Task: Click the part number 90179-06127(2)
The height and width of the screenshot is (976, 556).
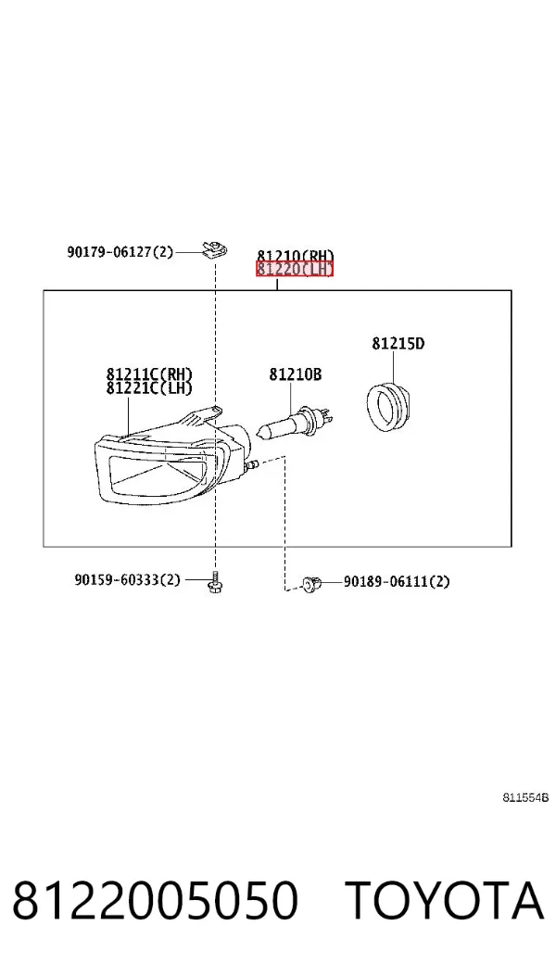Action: tap(120, 252)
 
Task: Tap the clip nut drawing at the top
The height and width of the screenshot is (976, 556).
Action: tap(215, 249)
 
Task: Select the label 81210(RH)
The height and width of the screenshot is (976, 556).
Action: tap(295, 256)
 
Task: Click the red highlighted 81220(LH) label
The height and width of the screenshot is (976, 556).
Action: tap(295, 269)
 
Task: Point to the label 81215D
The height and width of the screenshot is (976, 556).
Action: tap(398, 343)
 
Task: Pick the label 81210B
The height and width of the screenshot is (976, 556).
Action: tap(295, 374)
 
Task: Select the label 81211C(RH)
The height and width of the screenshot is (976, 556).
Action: tap(149, 374)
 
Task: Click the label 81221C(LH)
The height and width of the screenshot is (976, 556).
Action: tap(149, 387)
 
